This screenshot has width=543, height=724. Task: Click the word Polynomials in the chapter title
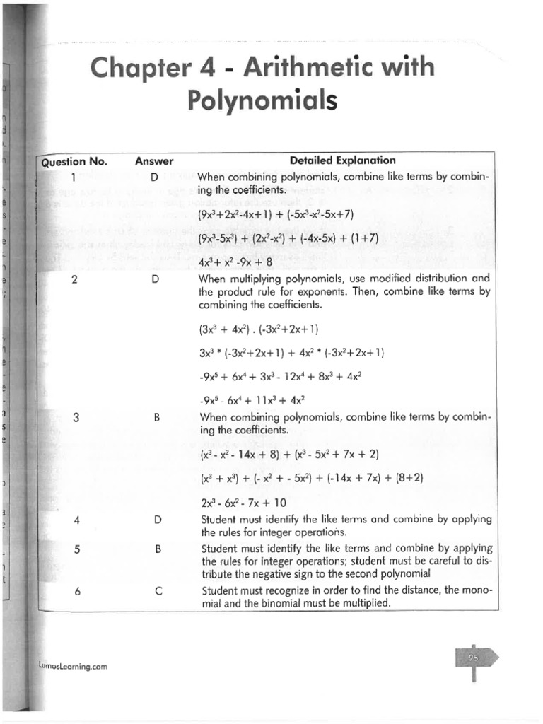pyautogui.click(x=262, y=100)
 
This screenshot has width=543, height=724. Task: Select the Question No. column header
pyautogui.click(x=74, y=161)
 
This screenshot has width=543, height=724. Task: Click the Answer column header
pyautogui.click(x=154, y=161)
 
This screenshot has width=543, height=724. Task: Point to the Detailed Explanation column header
pyautogui.click(x=343, y=160)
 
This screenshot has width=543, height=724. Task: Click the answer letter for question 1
pyautogui.click(x=154, y=177)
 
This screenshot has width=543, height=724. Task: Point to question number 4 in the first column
pyautogui.click(x=76, y=520)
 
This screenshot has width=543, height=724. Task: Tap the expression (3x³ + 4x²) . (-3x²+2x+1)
pyautogui.click(x=259, y=329)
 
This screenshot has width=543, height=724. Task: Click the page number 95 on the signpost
pyautogui.click(x=473, y=658)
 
